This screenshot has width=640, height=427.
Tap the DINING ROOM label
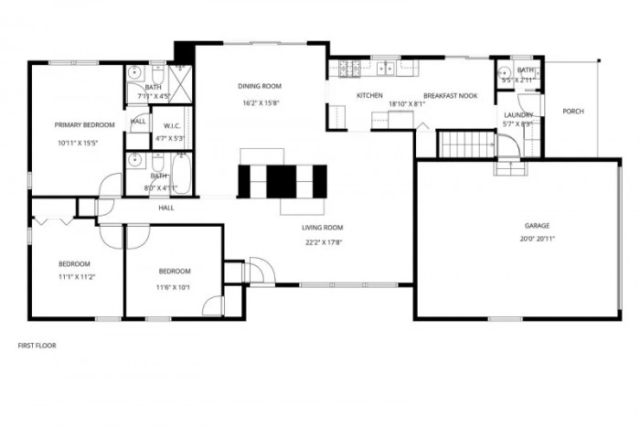(x=260, y=86)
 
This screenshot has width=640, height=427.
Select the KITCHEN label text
(x=368, y=95)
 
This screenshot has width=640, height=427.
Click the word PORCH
(x=573, y=112)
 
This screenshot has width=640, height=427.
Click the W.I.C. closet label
(x=172, y=125)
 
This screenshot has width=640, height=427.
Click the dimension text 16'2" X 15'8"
(x=260, y=103)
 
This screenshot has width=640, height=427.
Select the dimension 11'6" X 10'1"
(x=174, y=287)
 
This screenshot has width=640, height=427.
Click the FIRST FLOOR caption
(x=38, y=346)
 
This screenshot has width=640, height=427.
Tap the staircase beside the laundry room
(x=465, y=144)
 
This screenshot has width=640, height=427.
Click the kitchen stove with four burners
(x=347, y=68)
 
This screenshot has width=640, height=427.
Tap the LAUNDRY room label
(x=517, y=114)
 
